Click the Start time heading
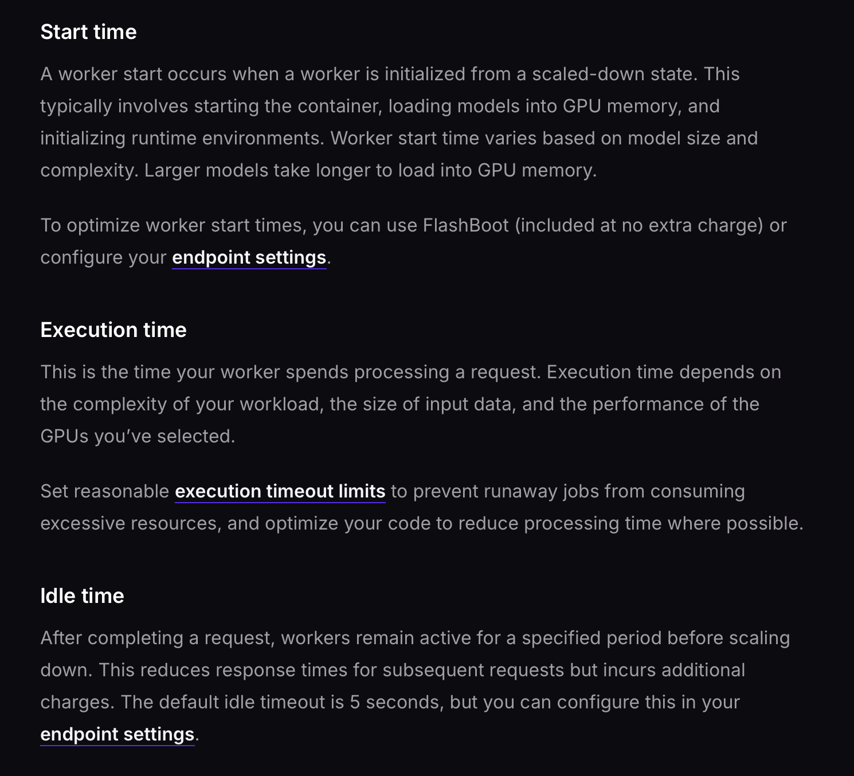88,32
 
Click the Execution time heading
113,330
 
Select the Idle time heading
82,596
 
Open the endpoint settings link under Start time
249,257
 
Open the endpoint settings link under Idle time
117,734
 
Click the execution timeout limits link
280,491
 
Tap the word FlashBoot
465,225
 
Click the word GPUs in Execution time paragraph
64,436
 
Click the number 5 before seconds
355,702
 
